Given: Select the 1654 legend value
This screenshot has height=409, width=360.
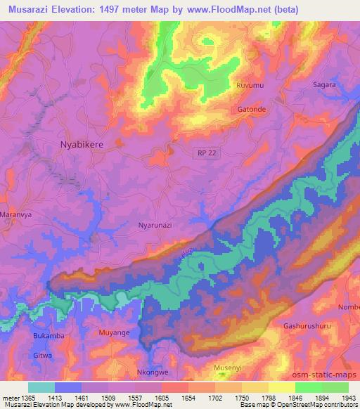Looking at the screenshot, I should tap(188, 398).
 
